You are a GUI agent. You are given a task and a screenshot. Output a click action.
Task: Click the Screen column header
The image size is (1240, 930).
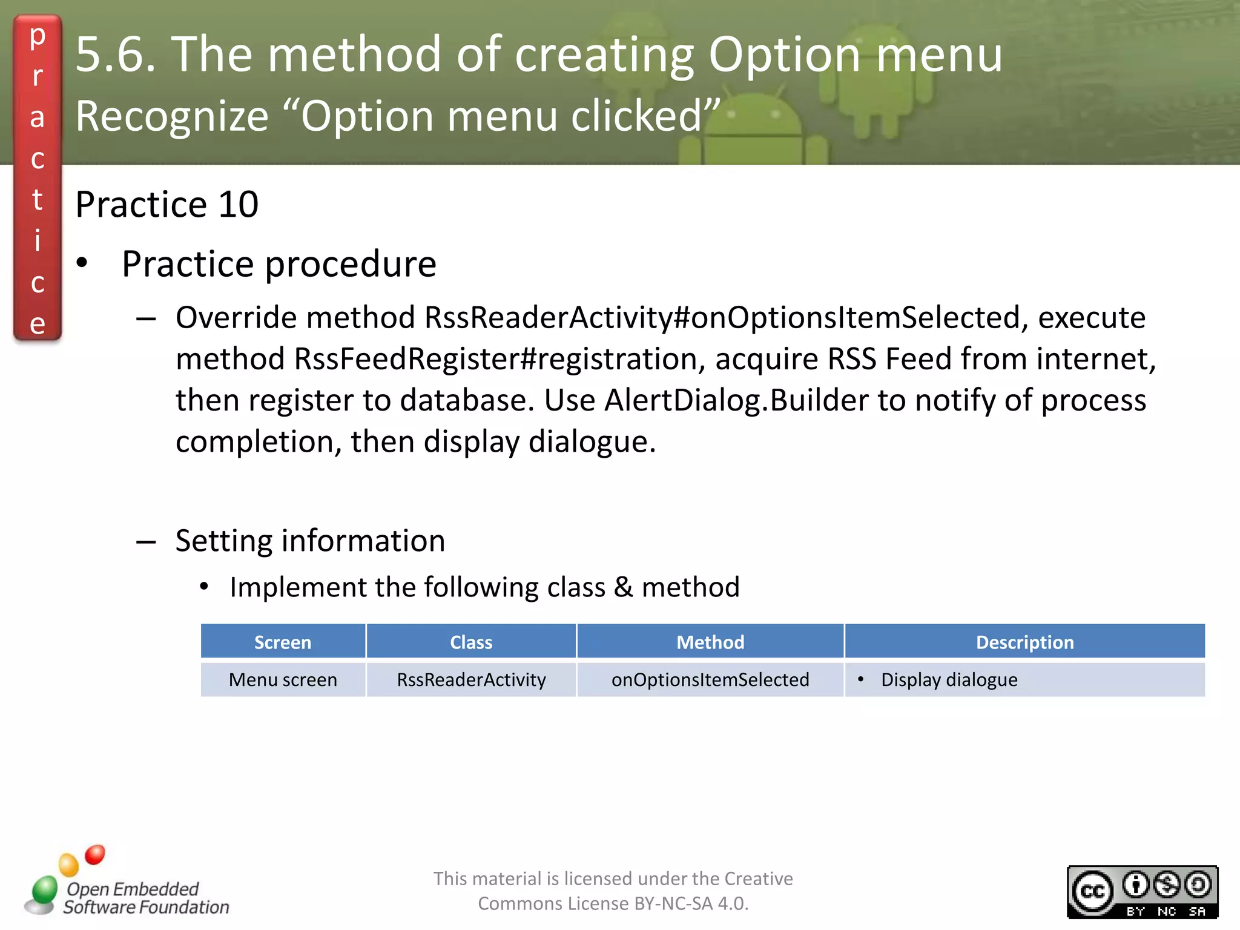pyautogui.click(x=283, y=642)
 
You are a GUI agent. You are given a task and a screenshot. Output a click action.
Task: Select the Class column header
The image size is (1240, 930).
pyautogui.click(x=471, y=642)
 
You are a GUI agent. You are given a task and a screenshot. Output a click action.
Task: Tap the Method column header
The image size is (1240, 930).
pyautogui.click(x=710, y=642)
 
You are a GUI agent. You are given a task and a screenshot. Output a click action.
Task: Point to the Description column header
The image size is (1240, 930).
pyautogui.click(x=1024, y=642)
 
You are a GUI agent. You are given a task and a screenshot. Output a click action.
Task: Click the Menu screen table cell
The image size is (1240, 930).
pyautogui.click(x=283, y=680)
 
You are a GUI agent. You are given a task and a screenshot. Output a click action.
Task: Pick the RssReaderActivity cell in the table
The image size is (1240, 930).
pyautogui.click(x=471, y=680)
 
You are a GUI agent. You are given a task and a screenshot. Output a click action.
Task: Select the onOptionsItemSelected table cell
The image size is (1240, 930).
pyautogui.click(x=710, y=680)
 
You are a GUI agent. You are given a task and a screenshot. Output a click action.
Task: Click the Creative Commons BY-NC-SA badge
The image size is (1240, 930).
pyautogui.click(x=1142, y=892)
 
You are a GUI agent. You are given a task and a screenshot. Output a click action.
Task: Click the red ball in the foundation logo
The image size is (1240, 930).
pyautogui.click(x=95, y=855)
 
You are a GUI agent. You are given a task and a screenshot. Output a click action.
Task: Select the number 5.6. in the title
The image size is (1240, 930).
pyautogui.click(x=116, y=54)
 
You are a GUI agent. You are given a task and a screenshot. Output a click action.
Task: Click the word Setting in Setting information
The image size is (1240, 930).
pyautogui.click(x=223, y=541)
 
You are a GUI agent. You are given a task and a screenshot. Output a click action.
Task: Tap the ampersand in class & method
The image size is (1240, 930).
pyautogui.click(x=623, y=587)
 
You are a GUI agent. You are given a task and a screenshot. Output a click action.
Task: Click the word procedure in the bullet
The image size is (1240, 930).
pyautogui.click(x=351, y=264)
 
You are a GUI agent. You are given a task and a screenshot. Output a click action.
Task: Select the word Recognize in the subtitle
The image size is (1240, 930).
pyautogui.click(x=172, y=116)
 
